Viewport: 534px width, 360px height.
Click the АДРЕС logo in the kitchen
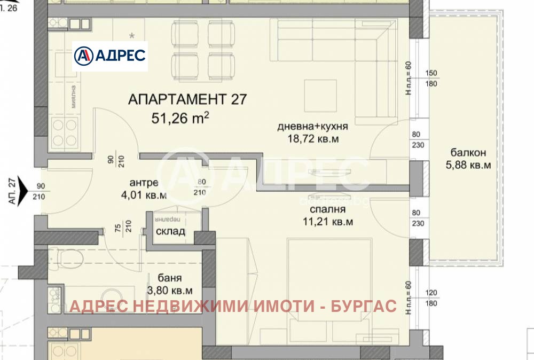coord(109,56)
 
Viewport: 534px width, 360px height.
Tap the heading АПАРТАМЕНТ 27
coord(187,99)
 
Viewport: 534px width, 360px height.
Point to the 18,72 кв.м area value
coord(313,139)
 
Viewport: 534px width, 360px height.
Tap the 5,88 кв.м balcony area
coord(468,165)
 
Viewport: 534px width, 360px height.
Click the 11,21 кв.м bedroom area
coord(327,222)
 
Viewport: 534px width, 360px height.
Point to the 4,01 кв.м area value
coord(144,194)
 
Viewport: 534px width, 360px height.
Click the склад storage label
coord(170,231)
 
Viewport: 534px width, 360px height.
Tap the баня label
coord(170,278)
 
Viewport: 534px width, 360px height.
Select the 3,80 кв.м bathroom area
coord(170,291)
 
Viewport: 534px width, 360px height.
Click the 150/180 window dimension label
coord(431,79)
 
